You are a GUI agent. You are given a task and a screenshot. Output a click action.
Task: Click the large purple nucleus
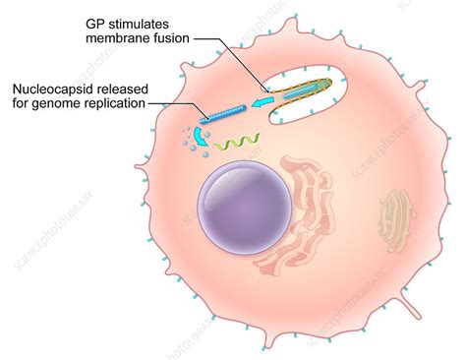click(x=244, y=205)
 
